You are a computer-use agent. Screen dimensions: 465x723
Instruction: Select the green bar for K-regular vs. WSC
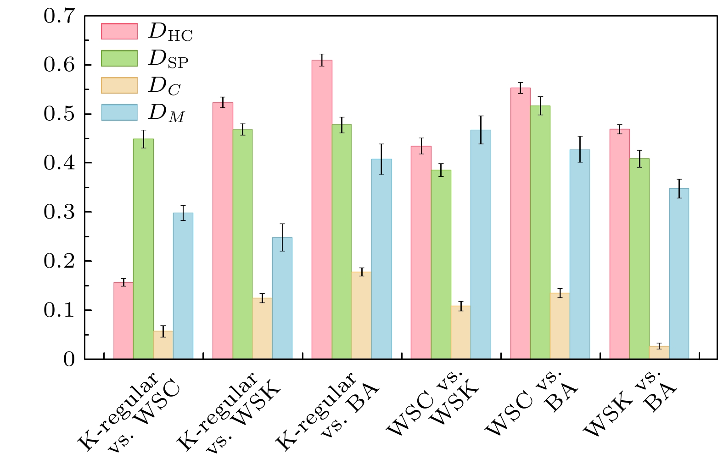[x=143, y=248]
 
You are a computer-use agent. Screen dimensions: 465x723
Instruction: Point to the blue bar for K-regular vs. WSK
[x=282, y=298]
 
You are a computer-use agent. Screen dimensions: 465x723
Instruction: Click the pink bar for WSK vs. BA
[x=619, y=244]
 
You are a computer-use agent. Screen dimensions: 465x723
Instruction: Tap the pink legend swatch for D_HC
[x=119, y=31]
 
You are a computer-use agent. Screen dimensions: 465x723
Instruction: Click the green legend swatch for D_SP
[x=119, y=58]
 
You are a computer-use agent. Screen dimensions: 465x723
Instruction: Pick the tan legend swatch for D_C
[x=119, y=85]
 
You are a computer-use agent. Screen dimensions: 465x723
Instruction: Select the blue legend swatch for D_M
[x=119, y=112]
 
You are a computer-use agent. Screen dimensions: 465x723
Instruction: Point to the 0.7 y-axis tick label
[x=59, y=17]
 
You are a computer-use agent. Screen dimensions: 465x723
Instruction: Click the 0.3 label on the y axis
[x=59, y=212]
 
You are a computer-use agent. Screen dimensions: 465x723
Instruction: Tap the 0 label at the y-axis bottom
[x=69, y=359]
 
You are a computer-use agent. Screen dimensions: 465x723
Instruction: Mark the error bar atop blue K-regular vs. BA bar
[x=381, y=159]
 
